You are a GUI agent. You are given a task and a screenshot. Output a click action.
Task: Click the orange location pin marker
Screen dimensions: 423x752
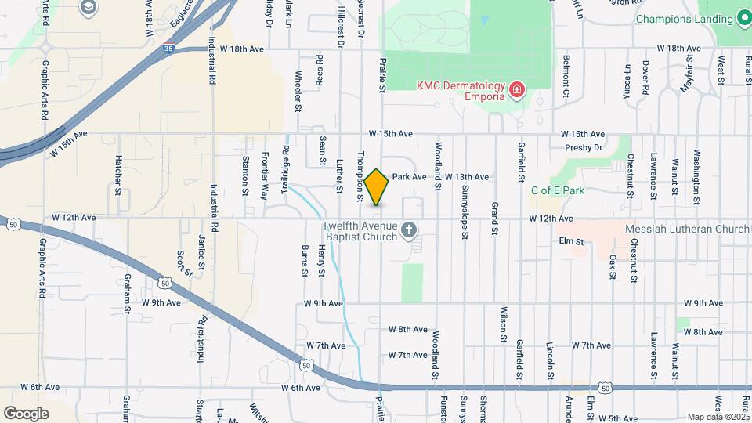pyautogui.click(x=377, y=187)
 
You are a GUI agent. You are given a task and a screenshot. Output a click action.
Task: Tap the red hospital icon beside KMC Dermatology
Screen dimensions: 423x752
pyautogui.click(x=515, y=91)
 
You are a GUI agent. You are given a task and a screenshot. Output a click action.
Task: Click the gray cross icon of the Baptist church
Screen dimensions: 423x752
pyautogui.click(x=407, y=230)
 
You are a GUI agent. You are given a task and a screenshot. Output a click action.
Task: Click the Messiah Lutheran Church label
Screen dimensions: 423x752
pyautogui.click(x=688, y=230)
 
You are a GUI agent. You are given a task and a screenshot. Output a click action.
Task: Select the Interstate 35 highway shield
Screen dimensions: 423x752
pyautogui.click(x=168, y=48)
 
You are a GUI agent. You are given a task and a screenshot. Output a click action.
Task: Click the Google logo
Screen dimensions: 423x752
pyautogui.click(x=26, y=413)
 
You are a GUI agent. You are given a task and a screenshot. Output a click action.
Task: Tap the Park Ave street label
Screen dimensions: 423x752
pyautogui.click(x=409, y=177)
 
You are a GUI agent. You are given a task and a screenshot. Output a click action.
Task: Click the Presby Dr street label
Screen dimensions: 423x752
pyautogui.click(x=587, y=146)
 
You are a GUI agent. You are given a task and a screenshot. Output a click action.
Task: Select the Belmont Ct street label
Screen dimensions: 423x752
pyautogui.click(x=566, y=77)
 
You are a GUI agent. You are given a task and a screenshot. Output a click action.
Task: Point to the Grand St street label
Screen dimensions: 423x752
pyautogui.click(x=494, y=219)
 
